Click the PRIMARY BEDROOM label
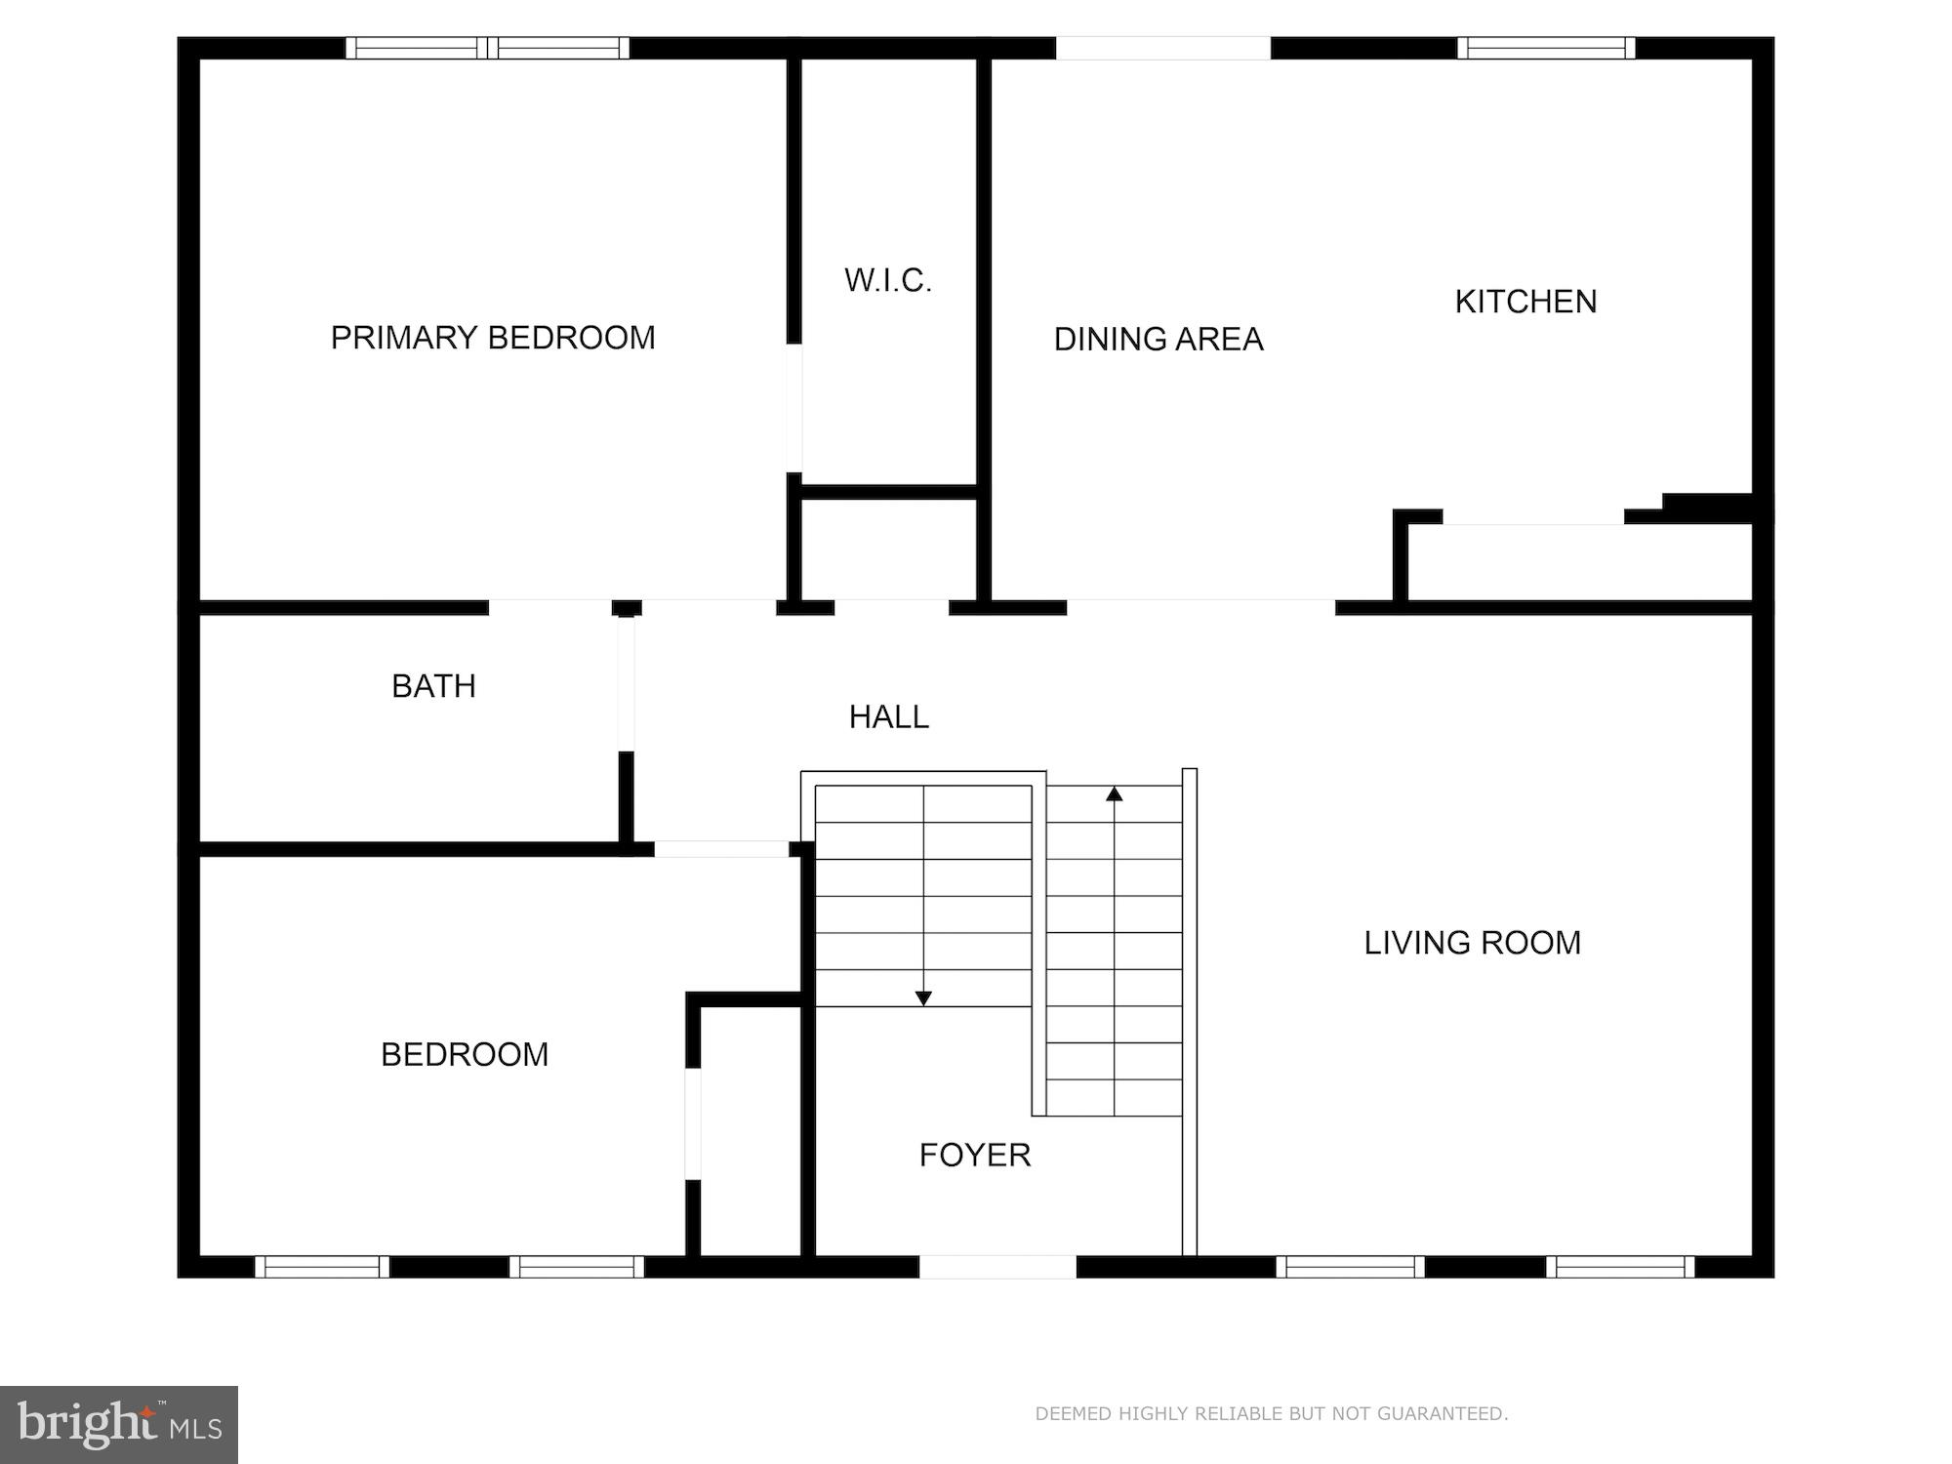pyautogui.click(x=493, y=338)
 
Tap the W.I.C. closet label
pyautogui.click(x=888, y=281)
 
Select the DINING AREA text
pyautogui.click(x=1159, y=340)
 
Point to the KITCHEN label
pyautogui.click(x=1525, y=302)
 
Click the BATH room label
pyautogui.click(x=433, y=686)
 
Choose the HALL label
pyautogui.click(x=888, y=717)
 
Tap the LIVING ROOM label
pyautogui.click(x=1472, y=943)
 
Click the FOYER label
pyautogui.click(x=975, y=1156)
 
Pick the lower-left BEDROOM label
pyautogui.click(x=465, y=1054)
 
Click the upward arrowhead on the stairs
pyautogui.click(x=1115, y=794)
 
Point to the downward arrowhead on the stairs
pyautogui.click(x=923, y=997)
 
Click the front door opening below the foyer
pyautogui.click(x=997, y=1266)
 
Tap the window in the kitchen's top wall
pyautogui.click(x=1546, y=48)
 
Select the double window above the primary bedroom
pyautogui.click(x=487, y=48)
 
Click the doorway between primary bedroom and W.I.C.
pyautogui.click(x=794, y=408)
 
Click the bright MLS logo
pyautogui.click(x=119, y=1425)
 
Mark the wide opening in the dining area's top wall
pyautogui.click(x=1162, y=48)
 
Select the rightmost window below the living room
pyautogui.click(x=1620, y=1266)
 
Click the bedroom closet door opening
pyautogui.click(x=693, y=1123)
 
